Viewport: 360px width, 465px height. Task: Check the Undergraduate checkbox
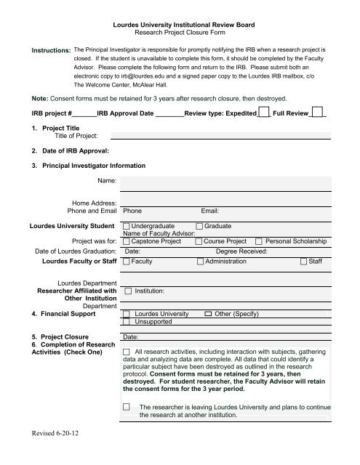click(127, 226)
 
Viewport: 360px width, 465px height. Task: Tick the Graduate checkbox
click(200, 226)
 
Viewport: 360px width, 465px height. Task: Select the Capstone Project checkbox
click(127, 241)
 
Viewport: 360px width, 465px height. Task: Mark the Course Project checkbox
click(200, 241)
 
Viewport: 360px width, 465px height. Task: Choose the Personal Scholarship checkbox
click(260, 241)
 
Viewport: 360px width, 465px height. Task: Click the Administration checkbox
click(200, 261)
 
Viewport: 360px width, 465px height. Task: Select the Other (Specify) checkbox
click(208, 313)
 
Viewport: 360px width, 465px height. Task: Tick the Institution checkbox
click(127, 291)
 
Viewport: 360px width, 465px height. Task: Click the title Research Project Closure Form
click(180, 33)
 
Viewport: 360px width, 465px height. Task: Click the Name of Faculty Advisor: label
click(159, 233)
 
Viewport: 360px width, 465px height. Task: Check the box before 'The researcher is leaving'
click(128, 407)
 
